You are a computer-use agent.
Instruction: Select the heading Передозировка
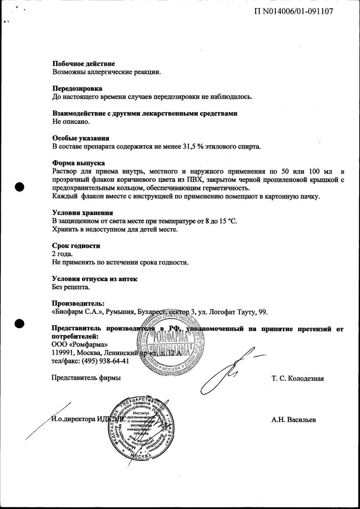point(77,89)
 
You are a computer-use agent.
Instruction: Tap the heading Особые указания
point(81,138)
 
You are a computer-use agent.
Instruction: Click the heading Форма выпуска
point(79,163)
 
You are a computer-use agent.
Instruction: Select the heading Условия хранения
point(82,213)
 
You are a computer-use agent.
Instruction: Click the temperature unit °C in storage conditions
point(231,221)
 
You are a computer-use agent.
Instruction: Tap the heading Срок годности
point(76,246)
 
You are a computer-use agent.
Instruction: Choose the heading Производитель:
point(78,304)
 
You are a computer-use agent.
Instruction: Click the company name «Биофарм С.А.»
point(79,312)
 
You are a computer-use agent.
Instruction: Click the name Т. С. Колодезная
point(297,378)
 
